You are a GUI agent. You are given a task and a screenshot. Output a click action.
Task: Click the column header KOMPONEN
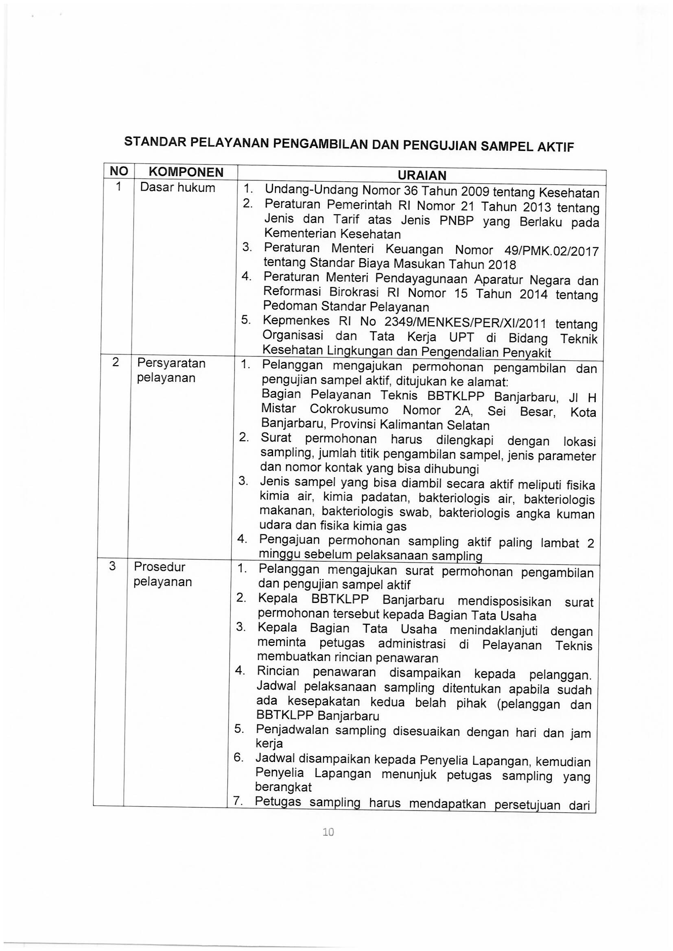tap(186, 172)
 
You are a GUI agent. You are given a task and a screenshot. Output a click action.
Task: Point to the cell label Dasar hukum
tap(178, 187)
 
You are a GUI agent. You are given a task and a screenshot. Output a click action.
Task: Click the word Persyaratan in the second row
tap(172, 363)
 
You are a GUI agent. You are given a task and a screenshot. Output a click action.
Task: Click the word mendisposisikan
tap(500, 601)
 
